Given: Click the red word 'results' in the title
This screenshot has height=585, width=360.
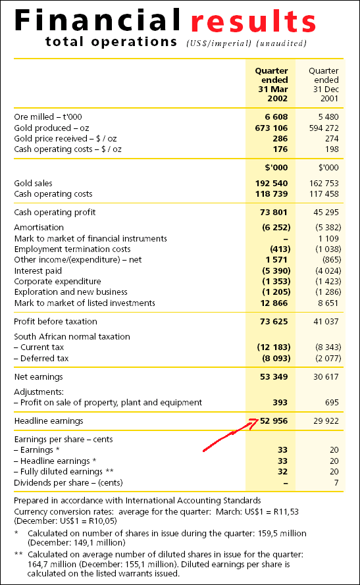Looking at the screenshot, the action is pos(253,21).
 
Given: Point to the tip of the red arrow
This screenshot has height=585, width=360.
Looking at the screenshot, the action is pos(259,419).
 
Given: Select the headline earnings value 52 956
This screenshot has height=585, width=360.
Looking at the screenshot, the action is pos(274,421).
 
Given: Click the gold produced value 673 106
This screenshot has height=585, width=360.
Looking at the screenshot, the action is pos(271,128).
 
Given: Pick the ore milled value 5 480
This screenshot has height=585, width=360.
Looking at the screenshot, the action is pos(328,116).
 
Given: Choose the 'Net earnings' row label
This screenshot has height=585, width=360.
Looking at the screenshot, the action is pos(38,377).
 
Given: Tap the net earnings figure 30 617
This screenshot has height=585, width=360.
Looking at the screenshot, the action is pos(326,377).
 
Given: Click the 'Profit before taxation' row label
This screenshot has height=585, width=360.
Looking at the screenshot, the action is pos(55,322).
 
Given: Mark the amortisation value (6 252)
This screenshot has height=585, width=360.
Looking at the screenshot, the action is pos(276,227).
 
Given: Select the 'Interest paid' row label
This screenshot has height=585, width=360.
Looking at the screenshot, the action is pos(38,271).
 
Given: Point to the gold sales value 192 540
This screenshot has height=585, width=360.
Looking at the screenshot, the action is pos(271,183).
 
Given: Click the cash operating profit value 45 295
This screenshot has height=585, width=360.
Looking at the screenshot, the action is pos(326,213).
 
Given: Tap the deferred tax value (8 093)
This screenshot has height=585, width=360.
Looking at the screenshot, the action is pos(276,358).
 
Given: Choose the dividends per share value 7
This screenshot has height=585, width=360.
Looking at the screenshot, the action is pos(336,483).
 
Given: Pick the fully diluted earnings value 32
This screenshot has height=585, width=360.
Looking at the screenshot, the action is pos(282,472).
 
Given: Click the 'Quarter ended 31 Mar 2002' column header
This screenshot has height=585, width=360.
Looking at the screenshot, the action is pos(272,85).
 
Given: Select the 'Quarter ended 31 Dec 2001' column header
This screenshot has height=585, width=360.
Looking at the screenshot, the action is pos(324,85).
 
